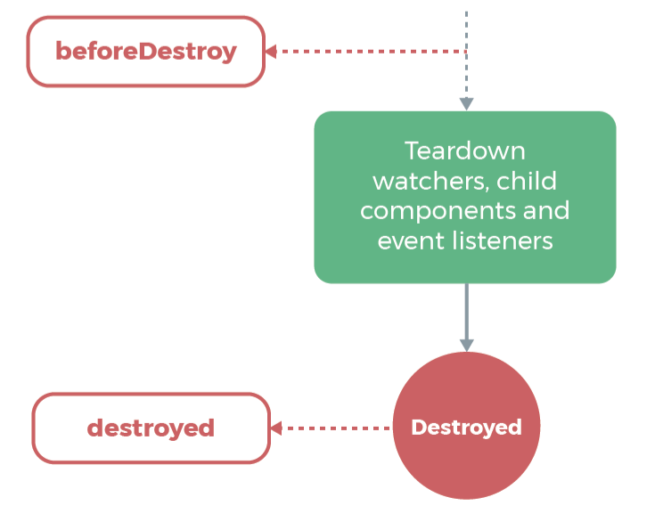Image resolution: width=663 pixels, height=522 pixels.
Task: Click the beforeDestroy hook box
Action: pos(146,52)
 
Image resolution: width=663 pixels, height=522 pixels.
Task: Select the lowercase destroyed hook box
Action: pos(151,428)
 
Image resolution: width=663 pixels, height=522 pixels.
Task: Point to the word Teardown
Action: pos(464,150)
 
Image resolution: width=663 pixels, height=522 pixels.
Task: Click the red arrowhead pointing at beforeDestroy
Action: pos(271,52)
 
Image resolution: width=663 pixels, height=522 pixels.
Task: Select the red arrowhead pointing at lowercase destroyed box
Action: pos(276,428)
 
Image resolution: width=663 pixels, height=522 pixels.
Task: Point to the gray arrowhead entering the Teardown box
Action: pos(466,104)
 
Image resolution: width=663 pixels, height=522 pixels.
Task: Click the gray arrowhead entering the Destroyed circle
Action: pos(466,345)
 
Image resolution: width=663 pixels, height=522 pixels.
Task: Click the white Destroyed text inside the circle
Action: pos(466,428)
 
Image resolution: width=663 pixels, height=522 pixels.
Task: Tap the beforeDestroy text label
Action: pos(146,52)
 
